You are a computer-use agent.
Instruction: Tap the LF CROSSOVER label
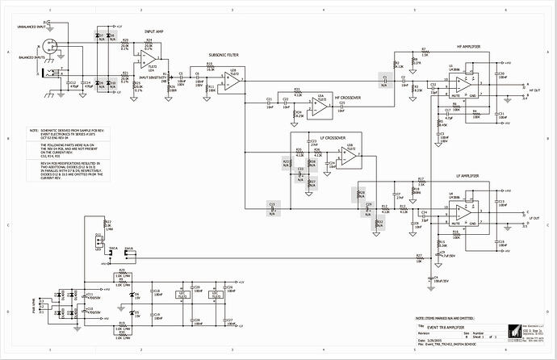[x=335, y=138]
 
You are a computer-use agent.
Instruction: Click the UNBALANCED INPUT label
[x=29, y=27]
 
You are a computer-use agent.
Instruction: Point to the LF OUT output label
[x=534, y=219]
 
